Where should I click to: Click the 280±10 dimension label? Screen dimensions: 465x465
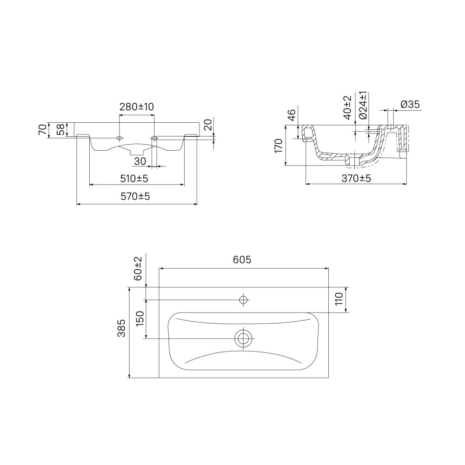click(137, 107)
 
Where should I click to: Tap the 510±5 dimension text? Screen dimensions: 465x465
click(134, 179)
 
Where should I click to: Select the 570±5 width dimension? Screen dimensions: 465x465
click(135, 196)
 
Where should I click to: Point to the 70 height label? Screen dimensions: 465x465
click(42, 130)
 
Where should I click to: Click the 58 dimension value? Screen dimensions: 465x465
click(60, 130)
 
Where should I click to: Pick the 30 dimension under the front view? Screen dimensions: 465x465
click(140, 161)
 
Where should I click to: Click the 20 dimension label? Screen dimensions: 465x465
click(208, 125)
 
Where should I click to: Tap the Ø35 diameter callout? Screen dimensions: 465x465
click(410, 104)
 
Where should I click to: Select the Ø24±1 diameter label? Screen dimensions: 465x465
click(363, 105)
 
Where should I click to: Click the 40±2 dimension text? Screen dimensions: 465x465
click(347, 107)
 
